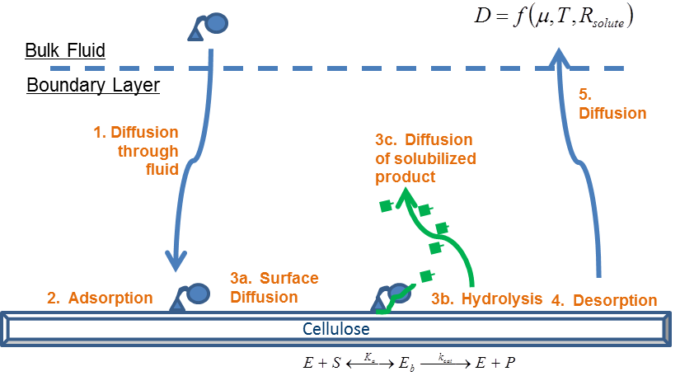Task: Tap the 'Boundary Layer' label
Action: point(92,85)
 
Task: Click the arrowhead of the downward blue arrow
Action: point(176,261)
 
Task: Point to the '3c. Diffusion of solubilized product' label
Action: point(425,157)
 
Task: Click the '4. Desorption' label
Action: point(604,300)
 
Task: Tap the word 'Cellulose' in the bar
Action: point(335,329)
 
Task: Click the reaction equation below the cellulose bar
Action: point(407,360)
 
